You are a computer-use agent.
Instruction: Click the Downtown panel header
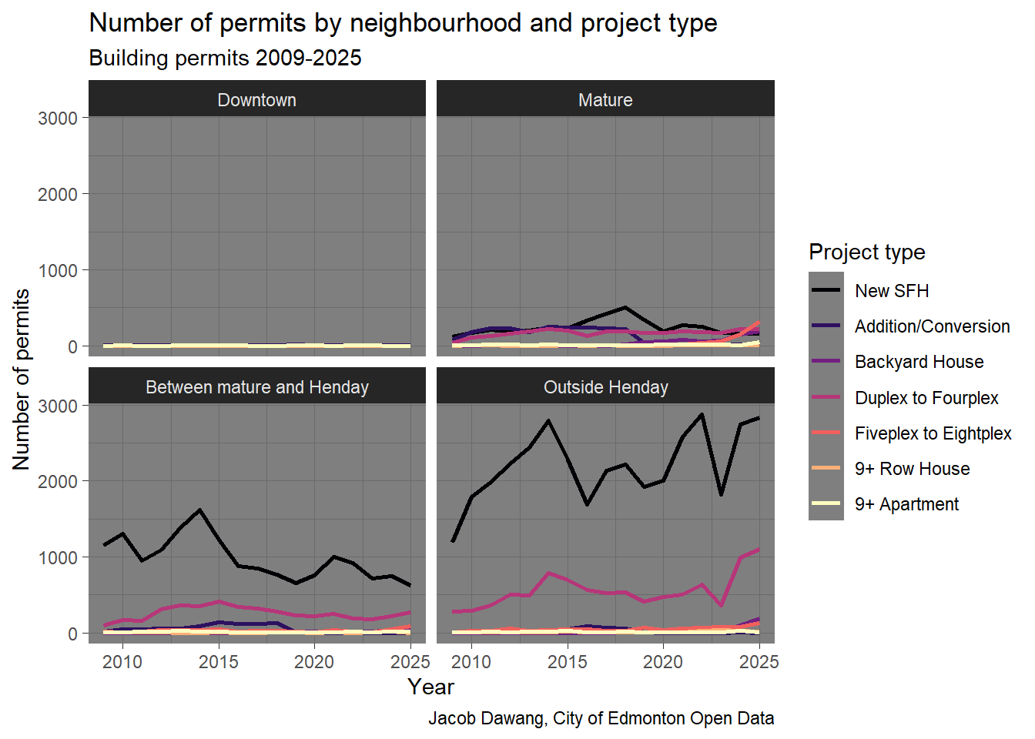(x=256, y=100)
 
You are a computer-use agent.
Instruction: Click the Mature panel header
(x=605, y=100)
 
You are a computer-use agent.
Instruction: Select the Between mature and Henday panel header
(x=256, y=387)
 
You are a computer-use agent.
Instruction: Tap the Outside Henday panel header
(x=605, y=387)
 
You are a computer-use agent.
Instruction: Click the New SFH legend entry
(x=892, y=291)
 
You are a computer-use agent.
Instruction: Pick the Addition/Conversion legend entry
(x=932, y=326)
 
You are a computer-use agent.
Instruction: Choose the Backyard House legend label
(x=919, y=362)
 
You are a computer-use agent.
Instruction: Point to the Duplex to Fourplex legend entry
(x=926, y=398)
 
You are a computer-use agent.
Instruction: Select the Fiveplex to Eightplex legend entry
(x=933, y=433)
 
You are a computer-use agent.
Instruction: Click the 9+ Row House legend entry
(x=912, y=469)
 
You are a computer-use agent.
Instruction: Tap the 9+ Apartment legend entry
(x=906, y=504)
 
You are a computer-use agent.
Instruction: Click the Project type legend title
(x=866, y=252)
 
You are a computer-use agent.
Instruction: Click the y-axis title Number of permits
(x=22, y=379)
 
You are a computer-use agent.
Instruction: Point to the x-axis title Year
(x=430, y=687)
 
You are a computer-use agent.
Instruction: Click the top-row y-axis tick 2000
(x=58, y=194)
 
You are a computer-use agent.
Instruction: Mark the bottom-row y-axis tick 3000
(x=58, y=405)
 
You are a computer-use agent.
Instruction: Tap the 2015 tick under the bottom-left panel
(x=219, y=662)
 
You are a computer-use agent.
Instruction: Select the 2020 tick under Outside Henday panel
(x=663, y=662)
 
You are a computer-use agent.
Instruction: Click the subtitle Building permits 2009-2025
(x=225, y=59)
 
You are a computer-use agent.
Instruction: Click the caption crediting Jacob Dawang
(x=601, y=718)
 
